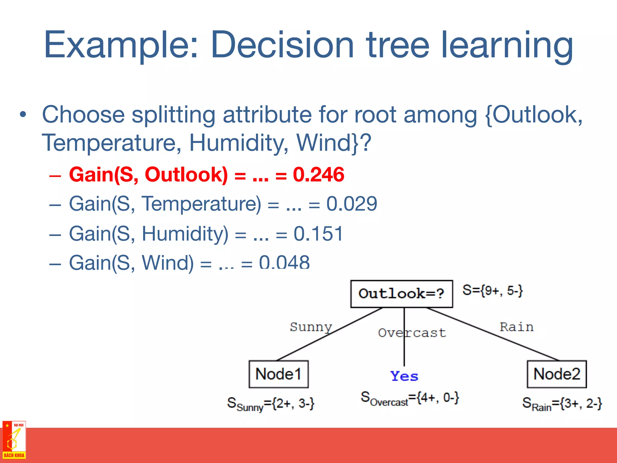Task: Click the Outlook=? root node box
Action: [401, 294]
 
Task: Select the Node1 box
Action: [278, 374]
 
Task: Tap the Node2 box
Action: [556, 374]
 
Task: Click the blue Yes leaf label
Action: [404, 376]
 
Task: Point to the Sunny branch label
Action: [311, 327]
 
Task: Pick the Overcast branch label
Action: [412, 333]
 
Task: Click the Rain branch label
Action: [516, 327]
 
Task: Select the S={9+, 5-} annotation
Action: [493, 290]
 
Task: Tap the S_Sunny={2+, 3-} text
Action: [271, 404]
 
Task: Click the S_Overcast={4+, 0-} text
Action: [410, 398]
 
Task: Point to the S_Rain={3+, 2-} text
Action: [562, 404]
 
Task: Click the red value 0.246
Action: [318, 175]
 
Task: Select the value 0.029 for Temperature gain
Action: [352, 204]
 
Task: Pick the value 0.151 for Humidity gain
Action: [318, 234]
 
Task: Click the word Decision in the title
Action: [282, 45]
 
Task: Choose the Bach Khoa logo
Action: [14, 440]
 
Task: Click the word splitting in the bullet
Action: [173, 115]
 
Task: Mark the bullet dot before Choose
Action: [23, 115]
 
